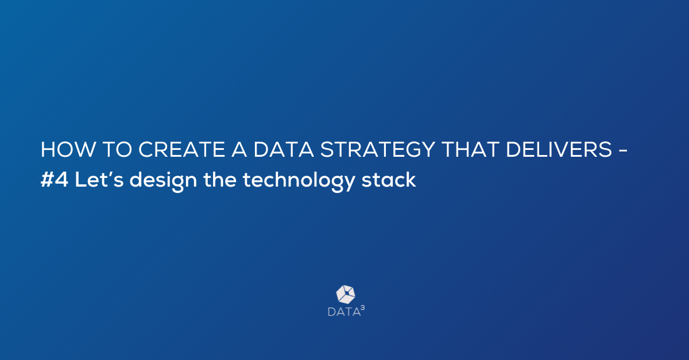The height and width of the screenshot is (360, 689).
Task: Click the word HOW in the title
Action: pyautogui.click(x=68, y=149)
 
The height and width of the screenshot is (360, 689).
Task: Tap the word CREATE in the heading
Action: pyautogui.click(x=182, y=149)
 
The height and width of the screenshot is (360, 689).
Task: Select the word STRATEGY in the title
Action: pyautogui.click(x=377, y=149)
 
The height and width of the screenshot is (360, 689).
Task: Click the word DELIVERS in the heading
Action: pyautogui.click(x=559, y=149)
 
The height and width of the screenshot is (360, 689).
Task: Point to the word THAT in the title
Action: pyautogui.click(x=470, y=149)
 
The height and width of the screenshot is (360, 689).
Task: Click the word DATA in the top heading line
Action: pyautogui.click(x=284, y=149)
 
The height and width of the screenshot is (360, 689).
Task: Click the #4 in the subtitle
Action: pyautogui.click(x=54, y=180)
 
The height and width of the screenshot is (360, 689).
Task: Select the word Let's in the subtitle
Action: pyautogui.click(x=99, y=179)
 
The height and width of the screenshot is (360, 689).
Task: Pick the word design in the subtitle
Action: pyautogui.click(x=163, y=181)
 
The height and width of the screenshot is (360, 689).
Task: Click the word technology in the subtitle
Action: pyautogui.click(x=299, y=181)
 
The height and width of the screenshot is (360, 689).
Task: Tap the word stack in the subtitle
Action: pyautogui.click(x=389, y=179)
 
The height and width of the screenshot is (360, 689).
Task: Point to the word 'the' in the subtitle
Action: pyautogui.click(x=220, y=179)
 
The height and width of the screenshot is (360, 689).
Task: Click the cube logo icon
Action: pyautogui.click(x=346, y=295)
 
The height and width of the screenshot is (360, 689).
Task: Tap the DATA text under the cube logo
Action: pyautogui.click(x=344, y=312)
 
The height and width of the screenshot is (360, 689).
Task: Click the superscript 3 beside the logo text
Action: pyautogui.click(x=363, y=308)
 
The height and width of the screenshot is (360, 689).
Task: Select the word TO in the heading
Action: pyautogui.click(x=117, y=149)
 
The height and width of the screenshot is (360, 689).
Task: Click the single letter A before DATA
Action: pyautogui.click(x=239, y=149)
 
